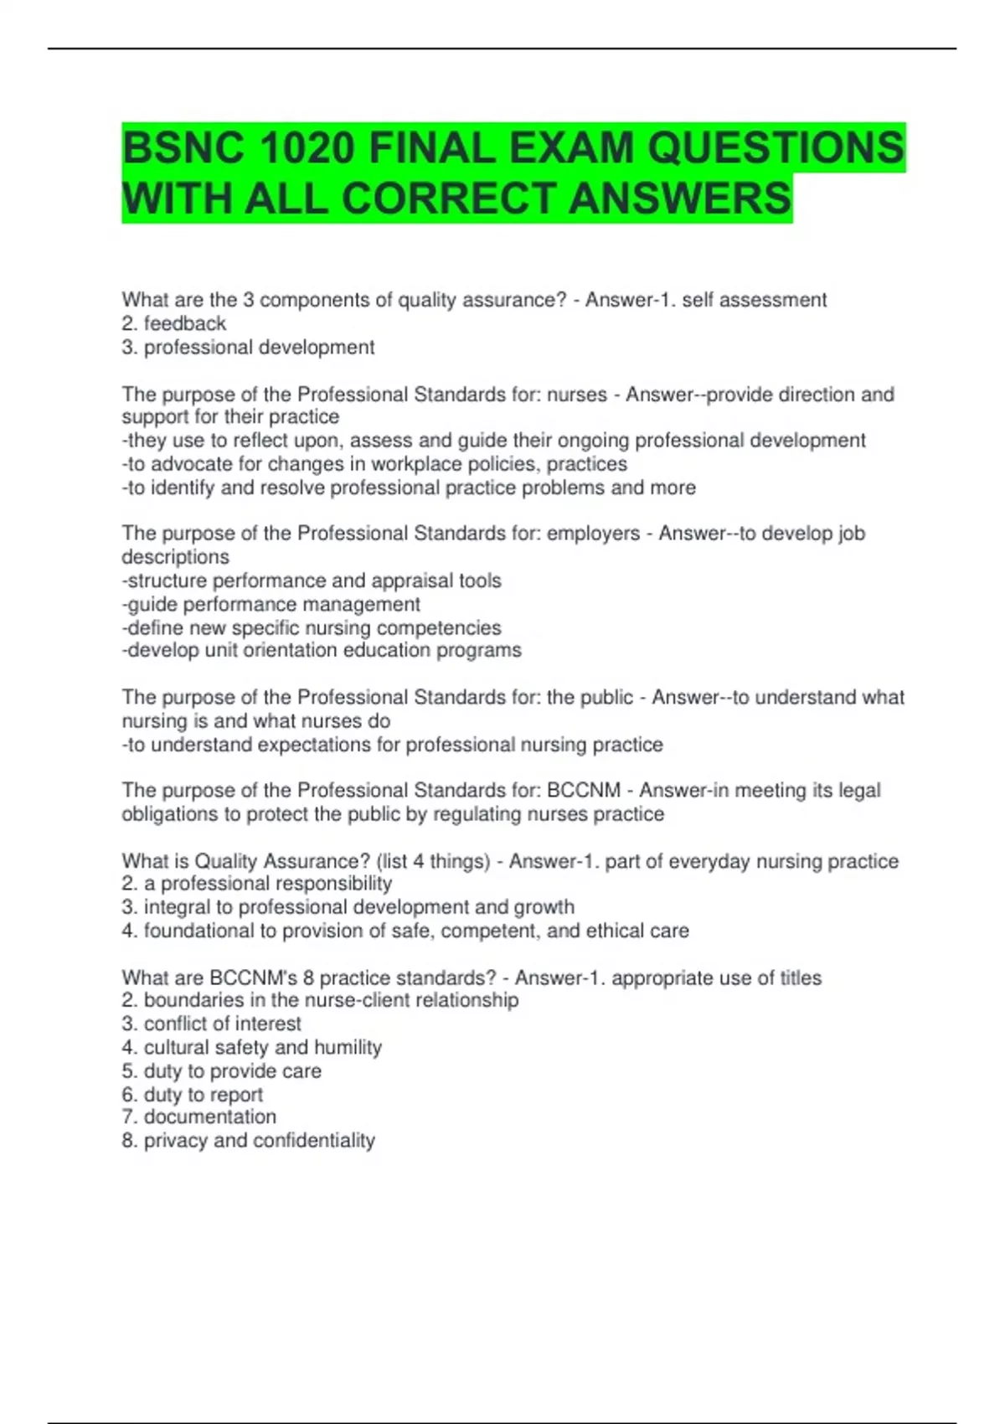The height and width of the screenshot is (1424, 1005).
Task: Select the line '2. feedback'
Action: (174, 323)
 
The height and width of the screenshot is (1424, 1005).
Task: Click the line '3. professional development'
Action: (248, 347)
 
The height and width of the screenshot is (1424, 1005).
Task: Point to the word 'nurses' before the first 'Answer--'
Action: (576, 395)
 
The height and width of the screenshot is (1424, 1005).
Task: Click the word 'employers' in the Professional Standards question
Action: (593, 534)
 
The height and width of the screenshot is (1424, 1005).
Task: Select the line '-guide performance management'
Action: (271, 604)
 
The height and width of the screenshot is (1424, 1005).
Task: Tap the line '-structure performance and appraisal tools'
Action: (312, 580)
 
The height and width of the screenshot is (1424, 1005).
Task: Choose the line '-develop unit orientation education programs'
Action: (322, 650)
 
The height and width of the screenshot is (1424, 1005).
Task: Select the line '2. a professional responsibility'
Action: (257, 883)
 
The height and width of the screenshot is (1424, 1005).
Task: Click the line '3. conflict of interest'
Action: (211, 1024)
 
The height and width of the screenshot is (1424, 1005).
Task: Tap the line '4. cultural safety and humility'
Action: (251, 1047)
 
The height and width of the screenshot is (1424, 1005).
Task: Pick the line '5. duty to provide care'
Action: (221, 1071)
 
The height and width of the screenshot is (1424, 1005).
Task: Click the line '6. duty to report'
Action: (192, 1094)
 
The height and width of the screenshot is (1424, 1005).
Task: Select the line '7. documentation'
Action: (198, 1117)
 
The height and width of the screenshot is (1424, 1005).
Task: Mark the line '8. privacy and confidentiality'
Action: (248, 1140)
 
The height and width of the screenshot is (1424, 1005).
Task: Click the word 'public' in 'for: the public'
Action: (606, 698)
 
